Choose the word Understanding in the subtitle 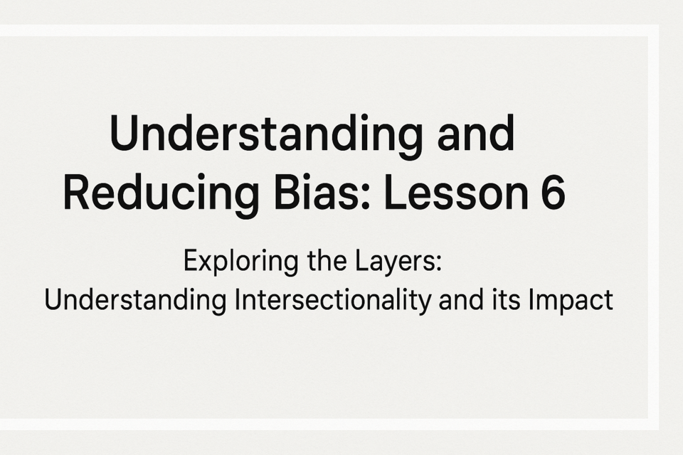coord(135,301)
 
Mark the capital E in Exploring coord(191,260)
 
